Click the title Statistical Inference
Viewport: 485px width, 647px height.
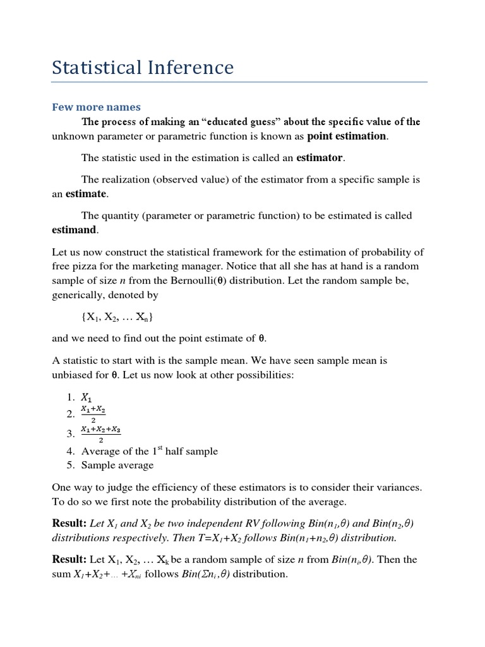click(143, 68)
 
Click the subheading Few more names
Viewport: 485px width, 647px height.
click(96, 107)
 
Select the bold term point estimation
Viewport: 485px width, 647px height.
click(346, 136)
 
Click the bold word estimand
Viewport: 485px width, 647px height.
click(75, 229)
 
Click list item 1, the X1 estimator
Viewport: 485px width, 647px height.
click(86, 397)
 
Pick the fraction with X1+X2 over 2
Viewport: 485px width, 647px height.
click(93, 414)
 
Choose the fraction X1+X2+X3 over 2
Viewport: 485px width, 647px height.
click(101, 434)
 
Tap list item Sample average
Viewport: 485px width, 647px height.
click(117, 465)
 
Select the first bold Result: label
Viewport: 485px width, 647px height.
click(69, 524)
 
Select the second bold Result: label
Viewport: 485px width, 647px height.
click(69, 560)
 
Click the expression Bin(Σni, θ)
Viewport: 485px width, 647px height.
click(203, 574)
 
